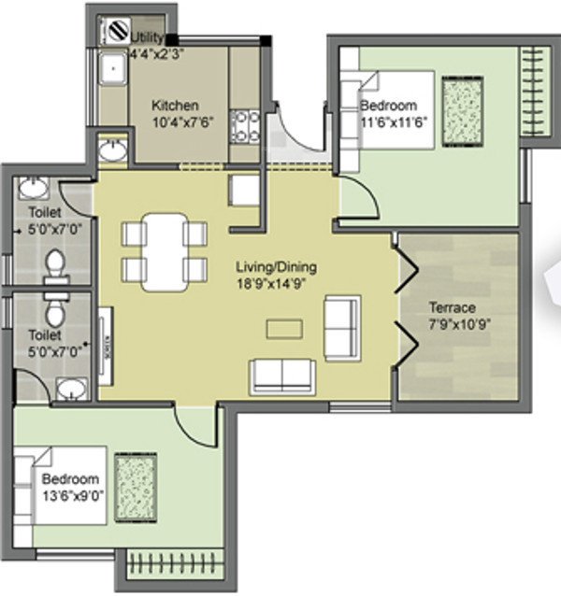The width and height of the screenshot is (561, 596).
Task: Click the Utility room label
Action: click(x=148, y=37)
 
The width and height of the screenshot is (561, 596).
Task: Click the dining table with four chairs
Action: click(x=165, y=249)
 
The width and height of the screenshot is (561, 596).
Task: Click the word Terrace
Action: click(x=452, y=307)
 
